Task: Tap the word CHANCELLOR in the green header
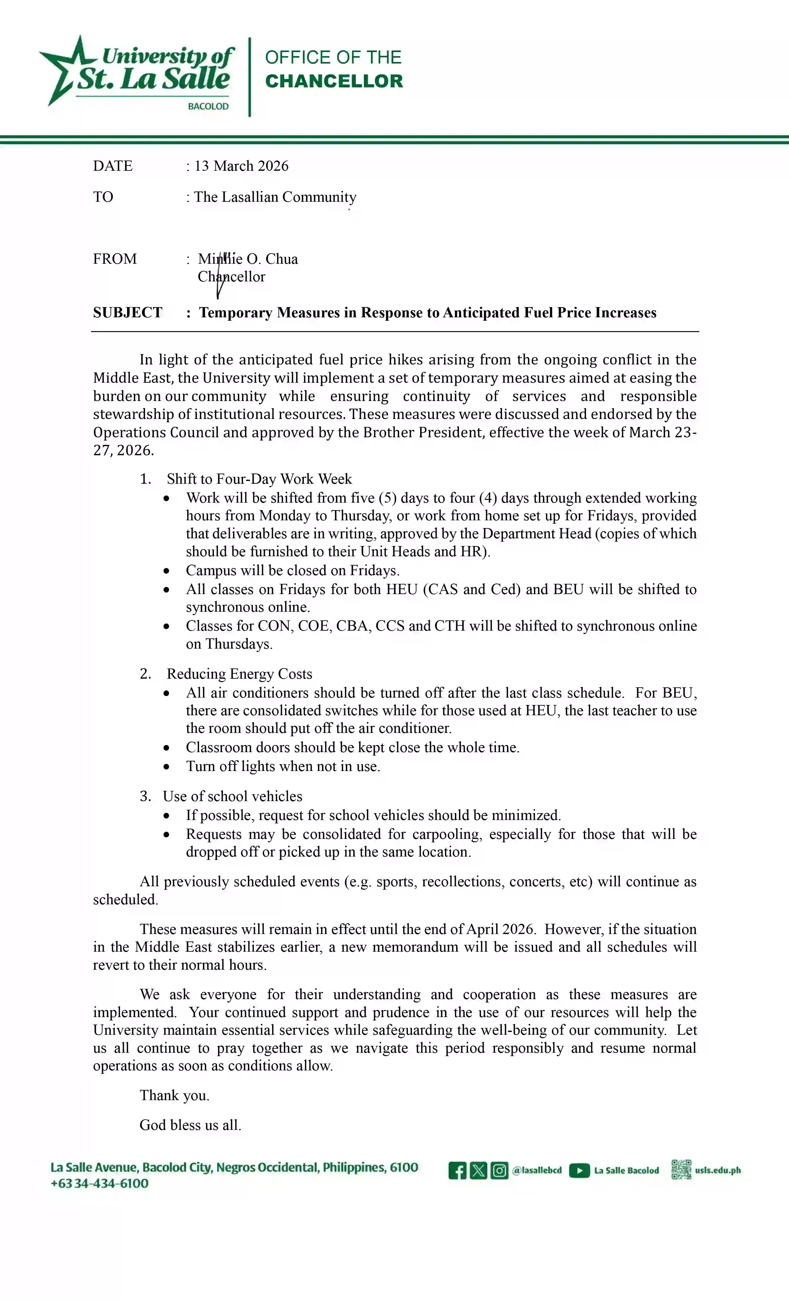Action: [x=333, y=81]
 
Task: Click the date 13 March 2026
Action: [x=241, y=166]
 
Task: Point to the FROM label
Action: [x=115, y=259]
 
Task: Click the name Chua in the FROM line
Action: [x=281, y=259]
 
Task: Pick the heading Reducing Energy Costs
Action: [x=239, y=674]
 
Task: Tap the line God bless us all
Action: [x=190, y=1125]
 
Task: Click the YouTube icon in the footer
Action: [x=579, y=1171]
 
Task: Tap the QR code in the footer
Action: [x=681, y=1170]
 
